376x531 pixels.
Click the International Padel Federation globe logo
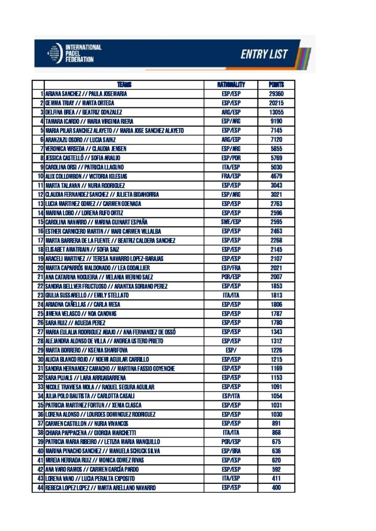pyautogui.click(x=55, y=53)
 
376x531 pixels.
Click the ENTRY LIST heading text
pyautogui.click(x=264, y=54)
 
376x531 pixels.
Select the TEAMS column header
pyautogui.click(x=124, y=85)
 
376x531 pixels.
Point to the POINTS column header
pyautogui.click(x=276, y=85)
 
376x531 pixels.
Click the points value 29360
pyautogui.click(x=276, y=94)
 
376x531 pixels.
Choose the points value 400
pyautogui.click(x=276, y=487)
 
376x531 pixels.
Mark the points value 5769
pyautogui.click(x=276, y=158)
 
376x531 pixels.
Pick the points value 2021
pyautogui.click(x=276, y=268)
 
